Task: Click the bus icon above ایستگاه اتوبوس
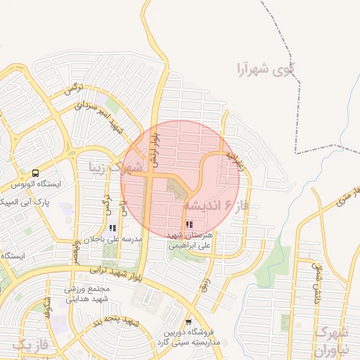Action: pos(35,173)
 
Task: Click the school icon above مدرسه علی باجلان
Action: pos(112,228)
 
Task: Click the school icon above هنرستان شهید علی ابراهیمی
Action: pos(188,225)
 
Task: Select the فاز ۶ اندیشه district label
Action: pos(212,205)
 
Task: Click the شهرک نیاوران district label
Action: pos(335,338)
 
